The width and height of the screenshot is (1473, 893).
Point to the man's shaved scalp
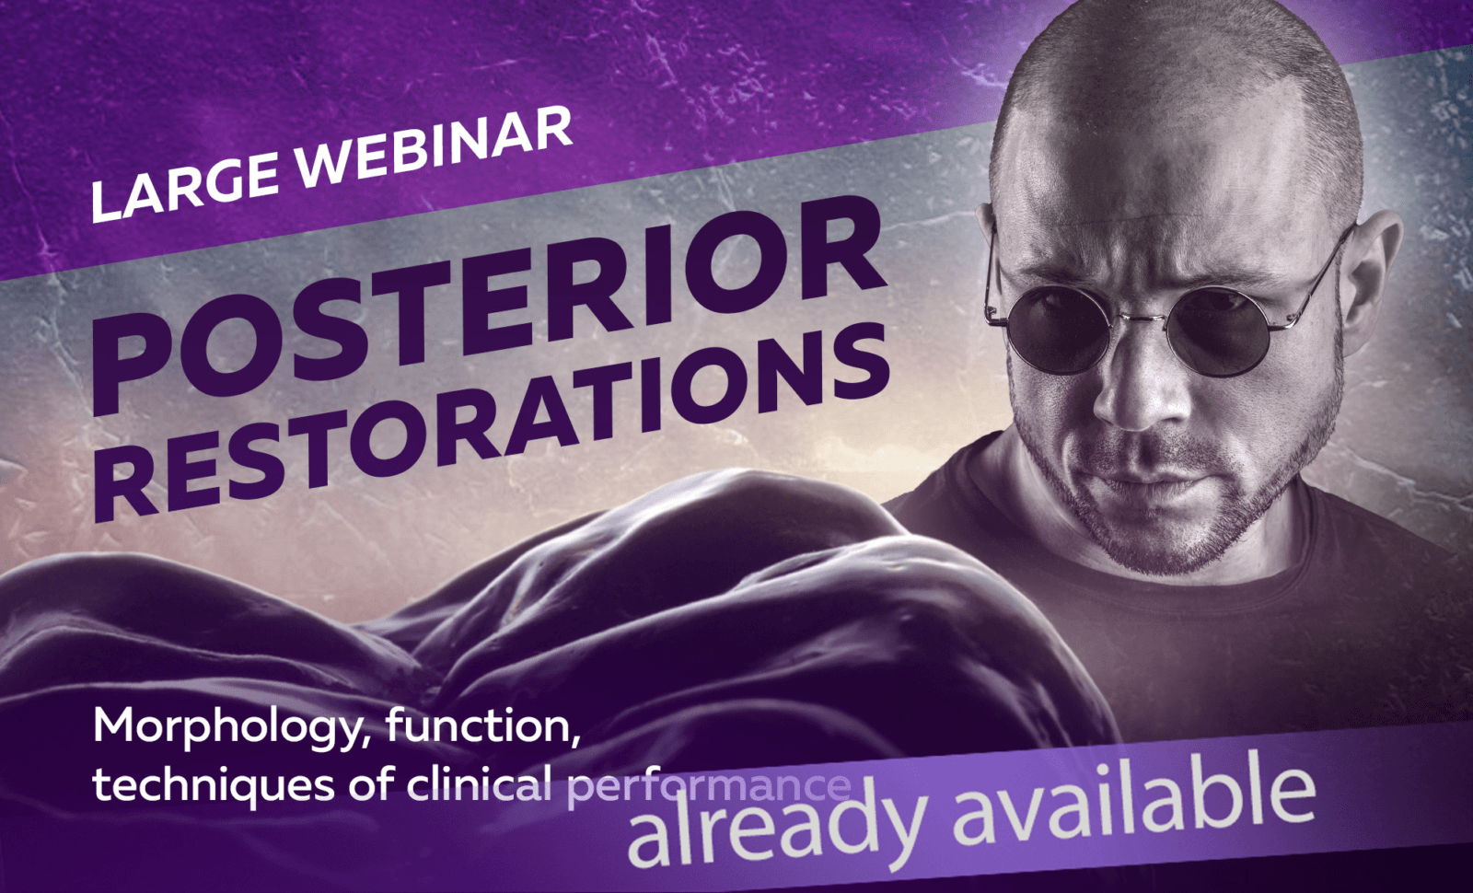click(1169, 83)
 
